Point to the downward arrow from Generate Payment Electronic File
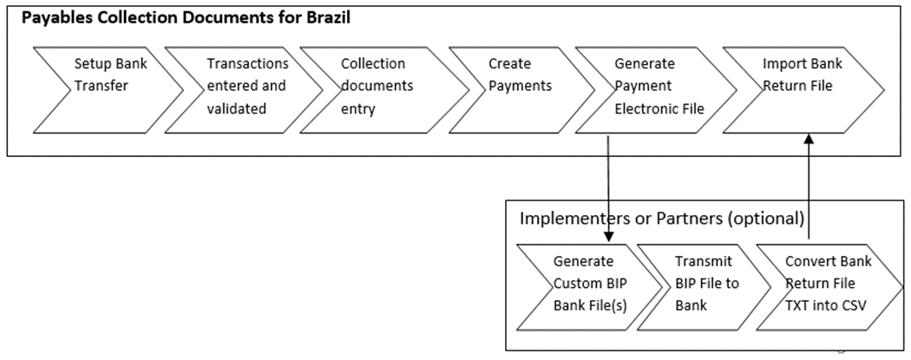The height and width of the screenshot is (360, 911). (608, 187)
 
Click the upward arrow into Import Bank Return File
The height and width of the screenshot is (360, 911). (809, 187)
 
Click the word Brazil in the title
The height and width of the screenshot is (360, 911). (326, 18)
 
